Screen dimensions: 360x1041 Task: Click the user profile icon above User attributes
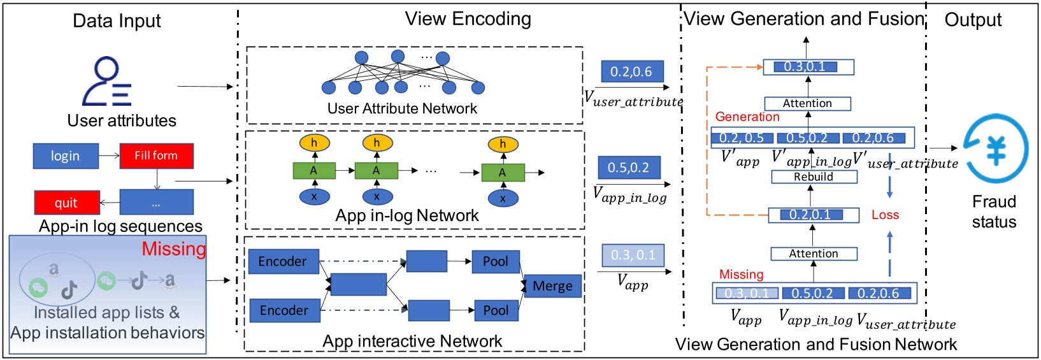106,82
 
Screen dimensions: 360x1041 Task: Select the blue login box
66,155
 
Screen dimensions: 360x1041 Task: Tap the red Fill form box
156,155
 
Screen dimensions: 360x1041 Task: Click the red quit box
66,203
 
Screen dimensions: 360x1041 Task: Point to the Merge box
552,286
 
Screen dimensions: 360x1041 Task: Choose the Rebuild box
814,176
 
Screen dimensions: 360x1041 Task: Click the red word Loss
885,215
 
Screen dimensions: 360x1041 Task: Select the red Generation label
747,117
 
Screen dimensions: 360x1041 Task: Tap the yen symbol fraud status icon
996,149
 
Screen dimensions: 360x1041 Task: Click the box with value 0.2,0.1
810,215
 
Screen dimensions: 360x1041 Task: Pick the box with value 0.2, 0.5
742,138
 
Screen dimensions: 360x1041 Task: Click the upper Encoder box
282,261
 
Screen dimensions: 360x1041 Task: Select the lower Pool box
495,310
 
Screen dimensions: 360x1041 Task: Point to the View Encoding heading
468,19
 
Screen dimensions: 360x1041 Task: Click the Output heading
972,20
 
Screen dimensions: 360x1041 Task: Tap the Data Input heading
117,21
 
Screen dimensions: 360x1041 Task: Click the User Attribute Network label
401,108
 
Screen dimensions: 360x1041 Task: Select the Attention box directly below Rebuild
814,254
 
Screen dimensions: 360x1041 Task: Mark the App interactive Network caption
412,342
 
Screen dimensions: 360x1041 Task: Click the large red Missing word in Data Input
173,248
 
